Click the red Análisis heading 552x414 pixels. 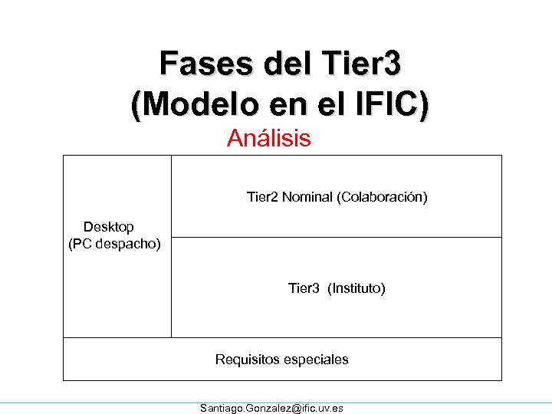269,139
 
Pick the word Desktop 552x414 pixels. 109,227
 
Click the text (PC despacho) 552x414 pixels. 114,245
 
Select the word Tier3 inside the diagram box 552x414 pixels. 304,288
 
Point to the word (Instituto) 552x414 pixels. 356,288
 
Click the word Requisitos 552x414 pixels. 247,359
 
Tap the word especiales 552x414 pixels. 316,359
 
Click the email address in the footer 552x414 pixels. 271,408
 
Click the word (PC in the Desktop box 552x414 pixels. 80,245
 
